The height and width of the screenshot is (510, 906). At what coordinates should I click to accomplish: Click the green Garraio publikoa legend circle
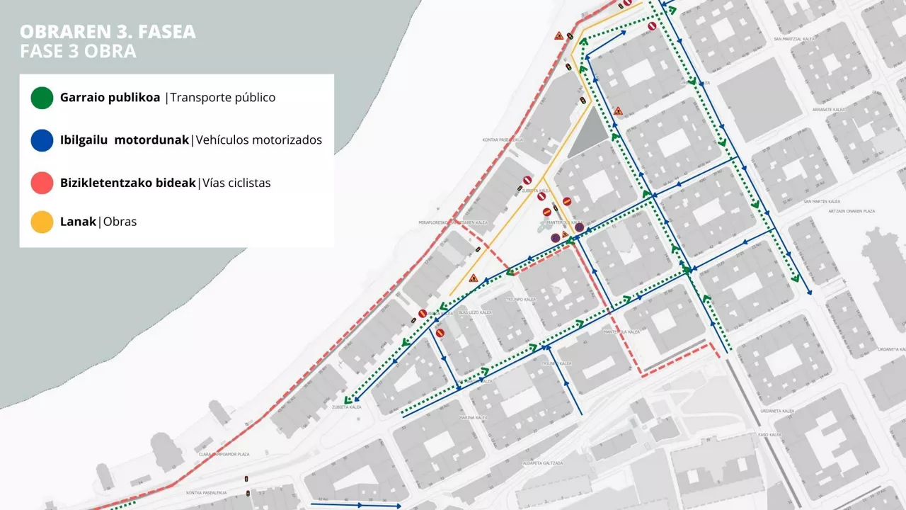coord(42,98)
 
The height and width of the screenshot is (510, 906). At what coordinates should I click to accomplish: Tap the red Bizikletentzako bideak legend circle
coord(42,182)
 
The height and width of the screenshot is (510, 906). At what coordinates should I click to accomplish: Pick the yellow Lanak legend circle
coord(42,222)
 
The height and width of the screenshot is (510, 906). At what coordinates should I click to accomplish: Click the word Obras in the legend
coord(120,222)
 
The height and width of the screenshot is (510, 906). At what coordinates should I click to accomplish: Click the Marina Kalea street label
coord(472,418)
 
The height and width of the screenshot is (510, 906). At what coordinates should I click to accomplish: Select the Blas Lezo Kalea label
coord(475,312)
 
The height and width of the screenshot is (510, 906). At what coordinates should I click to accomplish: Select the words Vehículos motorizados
coord(259,140)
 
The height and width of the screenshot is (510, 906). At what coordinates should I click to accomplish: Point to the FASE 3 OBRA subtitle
coord(78,52)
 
